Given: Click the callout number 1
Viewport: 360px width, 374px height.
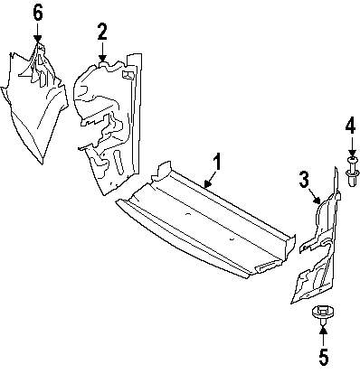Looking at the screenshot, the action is tap(217, 162).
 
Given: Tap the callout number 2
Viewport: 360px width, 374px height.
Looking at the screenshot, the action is tap(102, 32).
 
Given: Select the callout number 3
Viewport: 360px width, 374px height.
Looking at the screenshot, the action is tap(304, 179).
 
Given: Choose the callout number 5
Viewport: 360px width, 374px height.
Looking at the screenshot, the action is tap(323, 358).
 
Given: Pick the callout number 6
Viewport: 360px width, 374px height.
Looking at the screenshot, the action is tap(38, 13).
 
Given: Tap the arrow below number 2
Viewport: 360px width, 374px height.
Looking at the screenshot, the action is tap(102, 52).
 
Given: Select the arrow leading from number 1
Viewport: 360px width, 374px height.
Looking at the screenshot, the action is tap(211, 180).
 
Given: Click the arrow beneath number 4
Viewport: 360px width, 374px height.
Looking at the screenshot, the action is tap(351, 146).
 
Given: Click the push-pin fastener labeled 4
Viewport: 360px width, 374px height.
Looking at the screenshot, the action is tap(352, 172).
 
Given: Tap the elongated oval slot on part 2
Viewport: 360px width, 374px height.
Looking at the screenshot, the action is tap(118, 162).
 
